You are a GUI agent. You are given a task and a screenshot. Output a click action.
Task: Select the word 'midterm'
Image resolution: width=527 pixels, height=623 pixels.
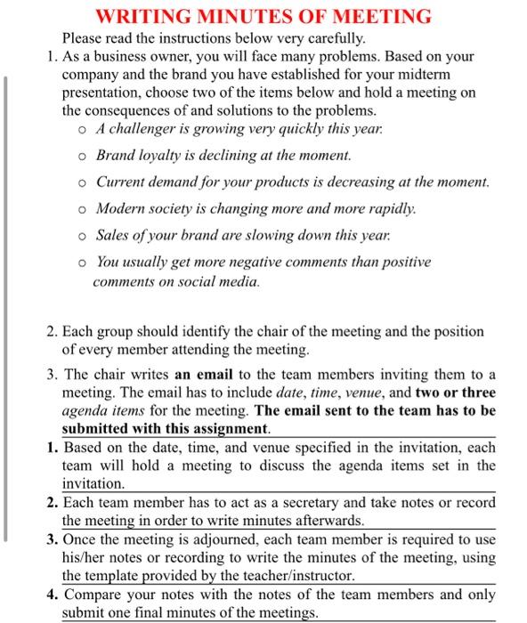click(442, 75)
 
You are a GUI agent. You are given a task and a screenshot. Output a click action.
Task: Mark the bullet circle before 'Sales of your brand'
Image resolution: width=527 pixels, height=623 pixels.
click(81, 237)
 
